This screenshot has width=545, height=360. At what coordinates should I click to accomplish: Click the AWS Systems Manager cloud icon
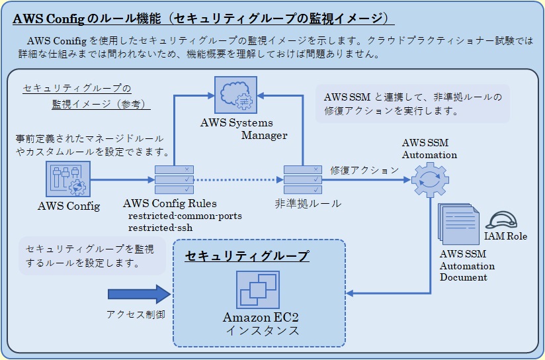point(237,95)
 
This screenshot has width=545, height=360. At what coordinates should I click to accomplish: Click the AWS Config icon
point(68,180)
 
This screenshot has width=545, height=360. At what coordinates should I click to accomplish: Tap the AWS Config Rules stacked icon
point(174,179)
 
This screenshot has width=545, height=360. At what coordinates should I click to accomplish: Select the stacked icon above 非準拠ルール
point(303,179)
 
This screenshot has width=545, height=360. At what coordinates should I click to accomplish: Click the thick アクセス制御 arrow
point(139,293)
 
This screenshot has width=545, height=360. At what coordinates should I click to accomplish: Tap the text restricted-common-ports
point(185,216)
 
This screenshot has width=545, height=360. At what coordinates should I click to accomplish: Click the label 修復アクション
point(364,170)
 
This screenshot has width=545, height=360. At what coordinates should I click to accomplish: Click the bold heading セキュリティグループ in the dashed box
point(247,255)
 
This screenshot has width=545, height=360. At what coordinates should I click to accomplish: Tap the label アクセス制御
point(136,315)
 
